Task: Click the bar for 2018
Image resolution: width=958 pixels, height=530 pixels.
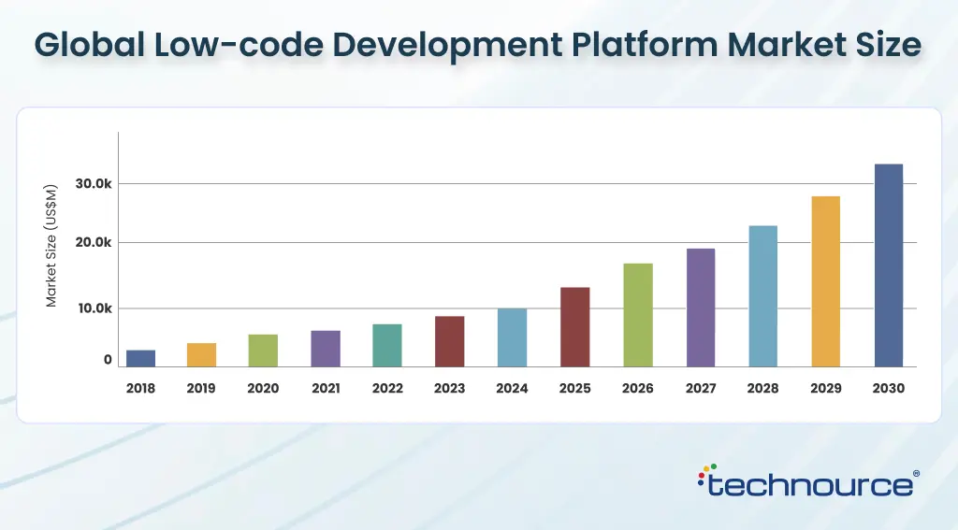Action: (140, 358)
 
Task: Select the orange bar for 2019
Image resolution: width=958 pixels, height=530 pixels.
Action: (201, 354)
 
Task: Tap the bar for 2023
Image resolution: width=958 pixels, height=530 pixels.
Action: (449, 341)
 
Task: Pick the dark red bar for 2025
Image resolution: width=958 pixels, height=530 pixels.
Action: (574, 326)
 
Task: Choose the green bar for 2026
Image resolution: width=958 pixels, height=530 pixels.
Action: (638, 315)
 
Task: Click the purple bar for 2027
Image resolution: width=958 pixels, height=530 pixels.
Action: (700, 308)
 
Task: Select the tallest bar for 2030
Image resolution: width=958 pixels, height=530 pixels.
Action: (888, 265)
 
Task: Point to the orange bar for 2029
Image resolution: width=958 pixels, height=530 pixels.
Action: (825, 281)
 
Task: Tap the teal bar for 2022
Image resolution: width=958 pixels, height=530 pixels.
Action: (386, 345)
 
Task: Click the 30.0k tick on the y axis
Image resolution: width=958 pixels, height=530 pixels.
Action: (94, 184)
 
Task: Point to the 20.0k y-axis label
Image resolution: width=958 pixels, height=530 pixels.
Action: (94, 243)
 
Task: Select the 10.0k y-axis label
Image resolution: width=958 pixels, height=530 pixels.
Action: (94, 308)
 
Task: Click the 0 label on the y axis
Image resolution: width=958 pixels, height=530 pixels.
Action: (108, 360)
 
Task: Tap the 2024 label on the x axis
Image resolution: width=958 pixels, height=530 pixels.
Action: (512, 388)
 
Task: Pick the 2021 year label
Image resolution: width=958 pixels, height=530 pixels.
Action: (326, 388)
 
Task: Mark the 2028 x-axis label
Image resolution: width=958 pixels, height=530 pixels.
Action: (762, 388)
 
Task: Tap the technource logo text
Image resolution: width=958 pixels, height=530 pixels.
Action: (810, 485)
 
